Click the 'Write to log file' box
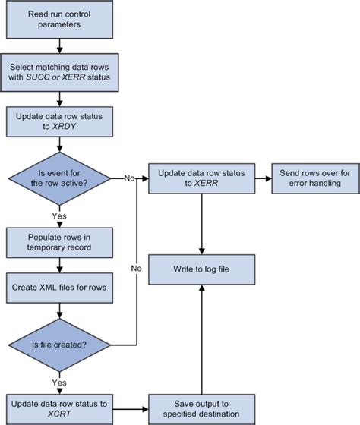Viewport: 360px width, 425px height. [201, 270]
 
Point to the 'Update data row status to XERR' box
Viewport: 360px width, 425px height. [201, 178]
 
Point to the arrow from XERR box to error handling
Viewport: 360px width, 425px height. [263, 178]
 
